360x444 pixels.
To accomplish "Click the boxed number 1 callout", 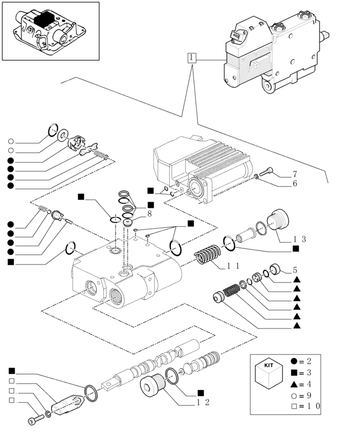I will pyautogui.click(x=192, y=58).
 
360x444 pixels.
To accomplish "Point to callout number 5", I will pyautogui.click(x=294, y=269).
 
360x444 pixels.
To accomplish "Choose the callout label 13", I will pyautogui.click(x=300, y=239).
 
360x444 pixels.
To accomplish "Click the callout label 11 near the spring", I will pyautogui.click(x=233, y=266).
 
